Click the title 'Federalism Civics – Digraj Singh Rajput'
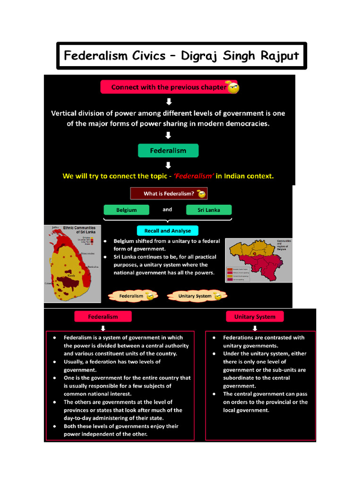pyautogui.click(x=181, y=56)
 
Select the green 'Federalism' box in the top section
pyautogui.click(x=168, y=151)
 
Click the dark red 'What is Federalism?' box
pyautogui.click(x=169, y=194)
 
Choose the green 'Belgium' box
pyautogui.click(x=126, y=210)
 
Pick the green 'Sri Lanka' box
pyautogui.click(x=209, y=210)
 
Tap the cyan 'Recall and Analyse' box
pyautogui.click(x=168, y=231)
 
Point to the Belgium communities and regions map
pyautogui.click(x=258, y=259)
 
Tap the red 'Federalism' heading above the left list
pyautogui.click(x=103, y=317)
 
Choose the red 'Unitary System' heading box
pyautogui.click(x=255, y=317)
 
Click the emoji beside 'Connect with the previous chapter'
pyautogui.click(x=233, y=87)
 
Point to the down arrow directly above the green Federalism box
pyautogui.click(x=168, y=136)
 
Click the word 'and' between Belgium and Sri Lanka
pyautogui.click(x=167, y=209)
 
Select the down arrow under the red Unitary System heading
pyautogui.click(x=255, y=328)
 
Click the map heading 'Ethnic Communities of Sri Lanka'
pyautogui.click(x=79, y=230)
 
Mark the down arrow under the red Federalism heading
pyautogui.click(x=103, y=328)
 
